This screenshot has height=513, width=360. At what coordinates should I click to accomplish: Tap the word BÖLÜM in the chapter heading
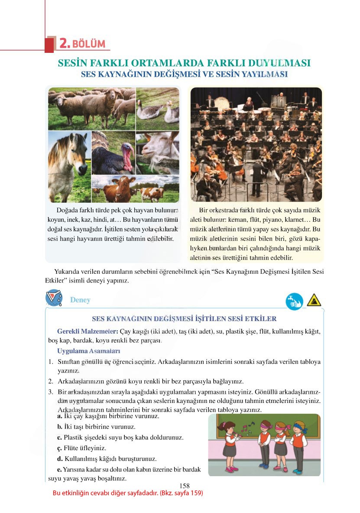[89, 44]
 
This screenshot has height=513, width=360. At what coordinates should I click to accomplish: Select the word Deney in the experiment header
[80, 300]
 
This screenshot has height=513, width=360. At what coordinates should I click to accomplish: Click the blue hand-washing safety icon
[294, 301]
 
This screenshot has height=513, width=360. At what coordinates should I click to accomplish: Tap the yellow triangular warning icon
[314, 300]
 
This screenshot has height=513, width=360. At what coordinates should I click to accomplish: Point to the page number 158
[184, 486]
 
